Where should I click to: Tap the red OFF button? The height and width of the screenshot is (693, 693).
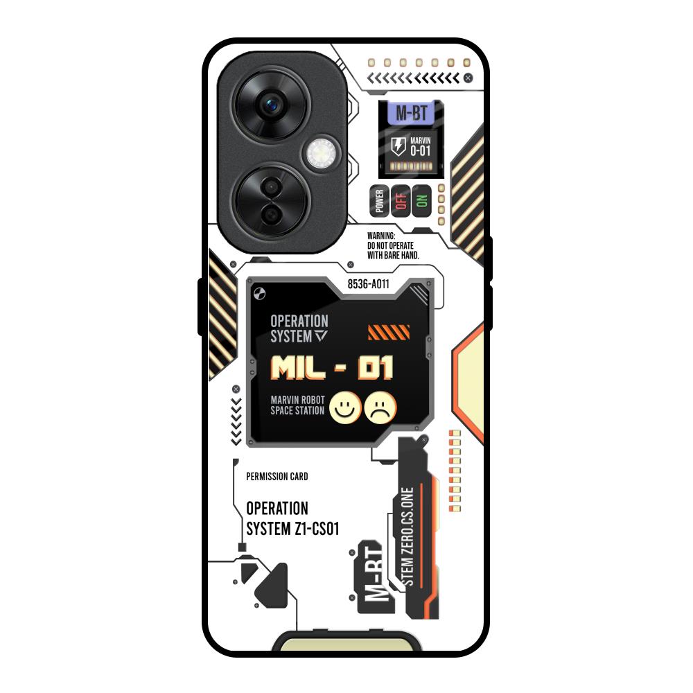tap(401, 201)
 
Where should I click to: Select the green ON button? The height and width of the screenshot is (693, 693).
tap(421, 201)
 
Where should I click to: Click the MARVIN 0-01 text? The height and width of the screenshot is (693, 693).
tap(421, 147)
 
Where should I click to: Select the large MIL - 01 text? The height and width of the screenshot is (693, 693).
tap(332, 368)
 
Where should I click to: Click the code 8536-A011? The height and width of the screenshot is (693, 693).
tap(368, 283)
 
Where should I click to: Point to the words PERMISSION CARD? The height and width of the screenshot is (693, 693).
tap(277, 477)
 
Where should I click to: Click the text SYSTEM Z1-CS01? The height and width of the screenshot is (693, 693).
tap(292, 529)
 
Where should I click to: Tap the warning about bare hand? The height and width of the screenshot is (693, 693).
tap(394, 245)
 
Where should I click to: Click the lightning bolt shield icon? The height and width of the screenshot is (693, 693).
tap(398, 146)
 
